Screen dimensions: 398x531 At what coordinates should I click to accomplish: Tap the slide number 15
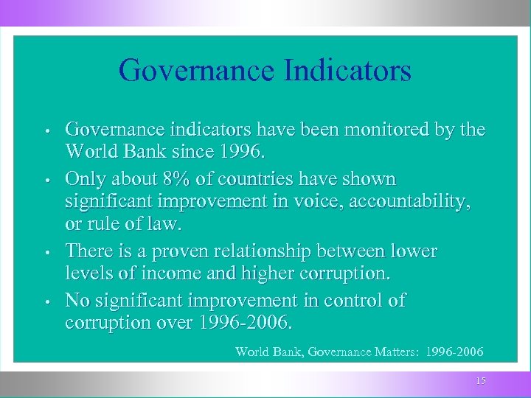click(481, 381)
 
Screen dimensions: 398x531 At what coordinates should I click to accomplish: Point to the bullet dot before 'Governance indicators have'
click(46, 132)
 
